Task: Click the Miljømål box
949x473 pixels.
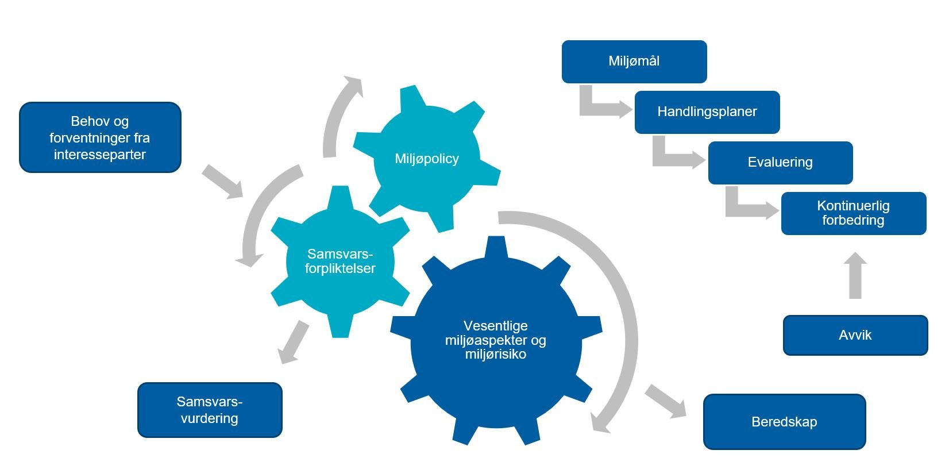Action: coord(634,61)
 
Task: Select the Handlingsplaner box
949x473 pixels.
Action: coord(707,112)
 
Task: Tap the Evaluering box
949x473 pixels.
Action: coord(780,163)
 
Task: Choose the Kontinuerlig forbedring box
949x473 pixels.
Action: coord(853,213)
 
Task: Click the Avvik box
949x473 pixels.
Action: coord(855,335)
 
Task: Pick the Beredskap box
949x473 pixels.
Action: coord(784,422)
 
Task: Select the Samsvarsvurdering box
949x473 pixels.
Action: coord(209,410)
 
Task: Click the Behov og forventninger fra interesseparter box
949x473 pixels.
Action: coord(100,138)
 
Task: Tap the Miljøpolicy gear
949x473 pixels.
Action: coord(426,159)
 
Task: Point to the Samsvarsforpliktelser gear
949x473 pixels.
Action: coord(340,262)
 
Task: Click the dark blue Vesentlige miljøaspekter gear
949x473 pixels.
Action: coord(495,340)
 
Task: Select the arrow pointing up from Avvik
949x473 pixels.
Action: coord(855,276)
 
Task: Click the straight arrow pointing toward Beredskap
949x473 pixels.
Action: coord(666,401)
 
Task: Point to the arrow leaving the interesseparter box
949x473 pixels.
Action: coord(222,182)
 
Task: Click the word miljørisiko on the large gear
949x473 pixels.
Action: coord(495,355)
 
